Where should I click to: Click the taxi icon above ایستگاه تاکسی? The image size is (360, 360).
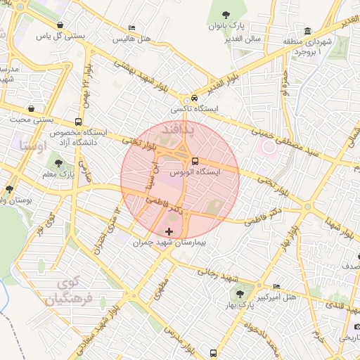tap(194, 98)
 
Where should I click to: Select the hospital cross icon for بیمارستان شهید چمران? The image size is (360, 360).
tap(169, 231)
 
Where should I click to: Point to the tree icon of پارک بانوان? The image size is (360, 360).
tap(225, 15)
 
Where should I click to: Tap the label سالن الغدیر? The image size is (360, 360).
tap(243, 38)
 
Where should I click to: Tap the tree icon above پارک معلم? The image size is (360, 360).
tap(59, 164)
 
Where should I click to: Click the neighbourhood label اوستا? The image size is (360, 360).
tap(34, 146)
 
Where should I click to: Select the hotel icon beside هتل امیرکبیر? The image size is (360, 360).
tap(276, 287)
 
